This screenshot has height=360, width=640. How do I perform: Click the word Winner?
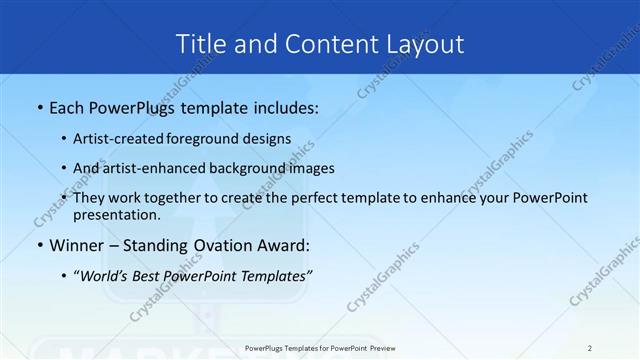point(77,245)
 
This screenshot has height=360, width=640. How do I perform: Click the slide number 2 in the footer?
point(590,347)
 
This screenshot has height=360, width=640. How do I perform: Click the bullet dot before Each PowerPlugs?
point(39,107)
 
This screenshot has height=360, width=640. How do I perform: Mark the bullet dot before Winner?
point(39,245)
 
